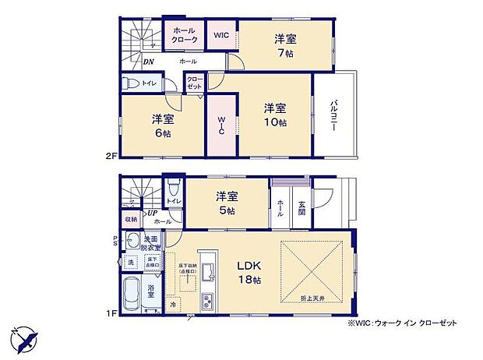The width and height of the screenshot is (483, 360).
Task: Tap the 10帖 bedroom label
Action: click(x=274, y=115)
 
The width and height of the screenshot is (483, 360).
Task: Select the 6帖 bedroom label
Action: click(x=162, y=125)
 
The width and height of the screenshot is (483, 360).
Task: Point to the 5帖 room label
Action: click(x=227, y=204)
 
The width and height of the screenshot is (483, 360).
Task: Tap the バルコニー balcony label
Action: click(x=333, y=118)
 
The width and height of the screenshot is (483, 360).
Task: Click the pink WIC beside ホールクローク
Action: click(x=220, y=35)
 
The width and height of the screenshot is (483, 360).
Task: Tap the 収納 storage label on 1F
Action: click(x=130, y=220)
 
